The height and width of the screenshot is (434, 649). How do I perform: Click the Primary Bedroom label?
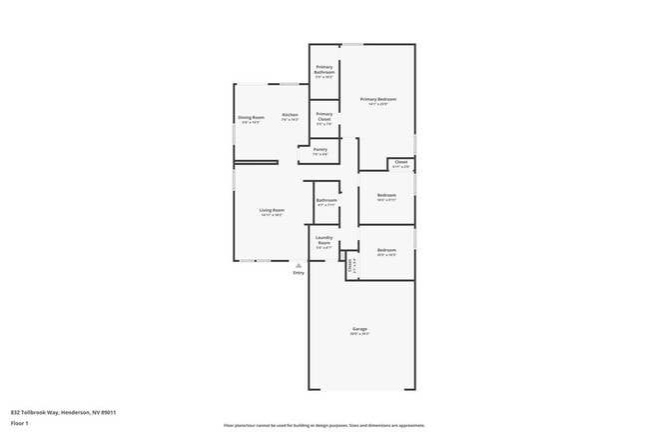(378, 99)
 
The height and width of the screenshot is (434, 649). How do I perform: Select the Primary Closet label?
(324, 116)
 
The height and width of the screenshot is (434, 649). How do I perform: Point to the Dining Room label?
(251, 117)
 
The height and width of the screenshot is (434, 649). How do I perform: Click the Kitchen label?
(290, 115)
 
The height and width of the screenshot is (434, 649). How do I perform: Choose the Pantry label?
(320, 150)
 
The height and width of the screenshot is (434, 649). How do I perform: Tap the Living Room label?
(272, 210)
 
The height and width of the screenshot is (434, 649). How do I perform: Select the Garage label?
(359, 329)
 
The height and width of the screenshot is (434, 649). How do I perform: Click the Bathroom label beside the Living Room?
(326, 200)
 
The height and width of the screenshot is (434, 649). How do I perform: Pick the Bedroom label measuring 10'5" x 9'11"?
(386, 195)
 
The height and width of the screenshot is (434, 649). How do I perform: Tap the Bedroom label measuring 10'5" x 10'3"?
(386, 250)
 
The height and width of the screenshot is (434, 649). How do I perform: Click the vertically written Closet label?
(350, 266)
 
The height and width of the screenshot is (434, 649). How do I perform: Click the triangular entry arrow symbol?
(298, 264)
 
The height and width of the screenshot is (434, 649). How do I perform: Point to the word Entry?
(298, 273)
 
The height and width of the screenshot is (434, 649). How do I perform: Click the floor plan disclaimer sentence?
(324, 424)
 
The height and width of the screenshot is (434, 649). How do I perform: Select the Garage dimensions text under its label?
(359, 334)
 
